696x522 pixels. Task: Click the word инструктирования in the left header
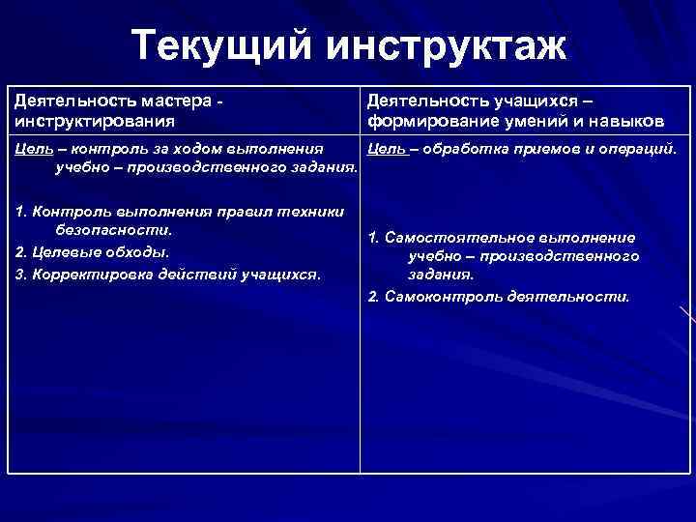click(x=95, y=122)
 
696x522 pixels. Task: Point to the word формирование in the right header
click(x=431, y=122)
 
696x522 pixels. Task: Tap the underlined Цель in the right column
click(x=385, y=150)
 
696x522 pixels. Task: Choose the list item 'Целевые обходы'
click(x=92, y=252)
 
